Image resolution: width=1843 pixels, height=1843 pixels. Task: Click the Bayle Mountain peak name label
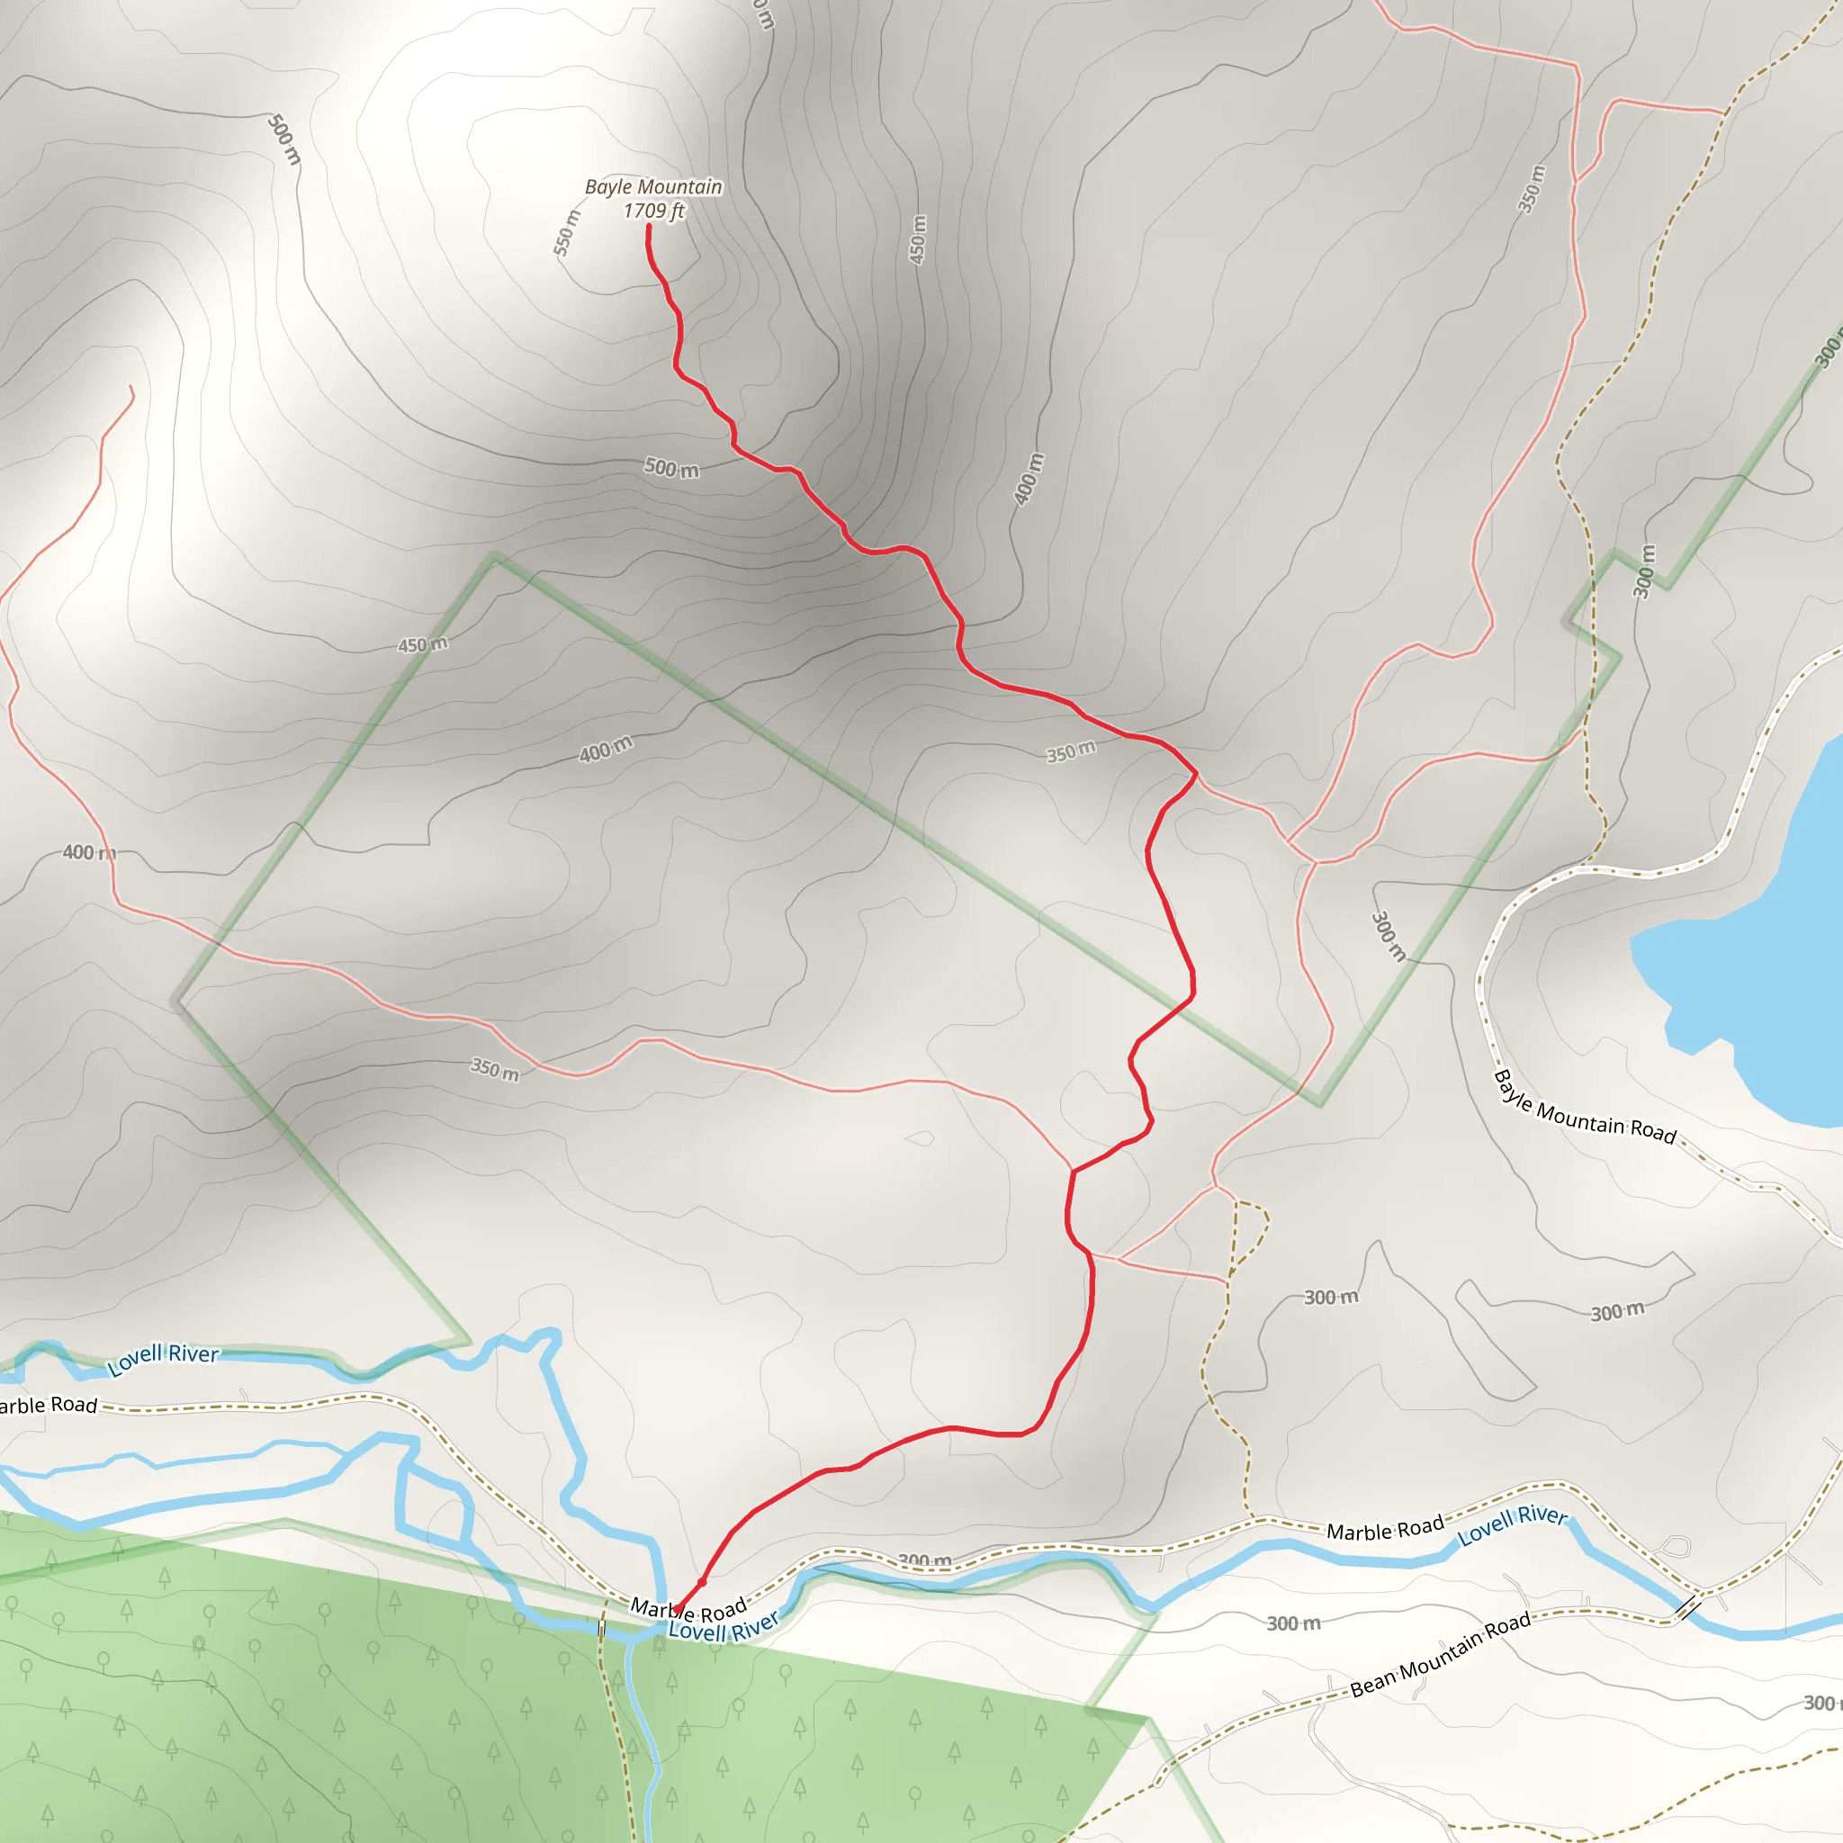tap(652, 187)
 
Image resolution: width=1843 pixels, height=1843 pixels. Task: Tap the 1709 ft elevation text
tap(653, 211)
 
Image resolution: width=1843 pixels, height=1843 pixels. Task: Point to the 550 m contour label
tap(567, 232)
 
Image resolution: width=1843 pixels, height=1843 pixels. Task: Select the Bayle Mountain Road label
tap(1585, 1109)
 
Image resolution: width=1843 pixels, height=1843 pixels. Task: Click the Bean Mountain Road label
tap(1440, 1654)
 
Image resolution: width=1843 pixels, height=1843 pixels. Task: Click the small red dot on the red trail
tap(702, 1582)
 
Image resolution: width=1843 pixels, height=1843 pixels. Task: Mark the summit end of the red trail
tap(649, 226)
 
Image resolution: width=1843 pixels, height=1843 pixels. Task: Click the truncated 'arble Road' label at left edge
tap(48, 1405)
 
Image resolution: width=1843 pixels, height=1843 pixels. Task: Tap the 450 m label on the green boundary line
tap(423, 645)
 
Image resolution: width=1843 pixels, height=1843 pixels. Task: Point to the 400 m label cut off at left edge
tap(89, 852)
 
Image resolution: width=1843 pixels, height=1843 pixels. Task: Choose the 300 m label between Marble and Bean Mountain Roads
tap(1293, 1623)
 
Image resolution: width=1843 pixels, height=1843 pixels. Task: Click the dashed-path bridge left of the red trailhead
tap(602, 1628)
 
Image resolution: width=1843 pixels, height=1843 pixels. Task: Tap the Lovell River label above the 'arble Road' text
tap(163, 1360)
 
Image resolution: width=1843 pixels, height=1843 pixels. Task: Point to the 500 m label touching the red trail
tap(671, 467)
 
